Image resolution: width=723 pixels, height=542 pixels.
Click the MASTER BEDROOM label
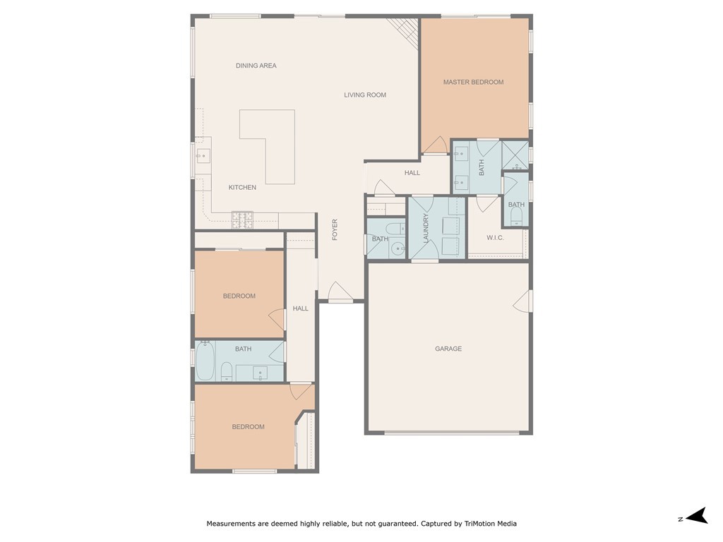click(473, 82)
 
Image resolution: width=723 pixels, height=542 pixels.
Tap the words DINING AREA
click(256, 66)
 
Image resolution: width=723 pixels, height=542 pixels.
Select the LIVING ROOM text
click(365, 95)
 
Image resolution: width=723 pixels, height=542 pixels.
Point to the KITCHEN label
click(242, 188)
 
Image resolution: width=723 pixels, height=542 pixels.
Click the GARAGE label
click(448, 349)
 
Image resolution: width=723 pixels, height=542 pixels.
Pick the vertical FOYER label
click(335, 229)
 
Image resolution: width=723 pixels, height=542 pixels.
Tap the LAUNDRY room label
click(426, 229)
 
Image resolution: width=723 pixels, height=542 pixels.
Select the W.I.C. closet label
click(495, 238)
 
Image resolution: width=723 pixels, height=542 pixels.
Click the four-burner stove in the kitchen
click(243, 220)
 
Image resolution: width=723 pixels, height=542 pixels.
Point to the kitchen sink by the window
click(201, 156)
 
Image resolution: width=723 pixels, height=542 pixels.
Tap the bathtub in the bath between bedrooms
click(205, 361)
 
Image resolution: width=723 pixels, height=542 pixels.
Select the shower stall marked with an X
click(515, 155)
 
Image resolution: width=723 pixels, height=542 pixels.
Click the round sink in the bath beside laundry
click(397, 248)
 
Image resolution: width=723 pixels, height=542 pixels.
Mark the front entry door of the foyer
click(340, 292)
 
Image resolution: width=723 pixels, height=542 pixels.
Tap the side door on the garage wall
click(522, 301)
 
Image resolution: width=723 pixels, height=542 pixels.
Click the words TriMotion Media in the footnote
click(490, 524)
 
